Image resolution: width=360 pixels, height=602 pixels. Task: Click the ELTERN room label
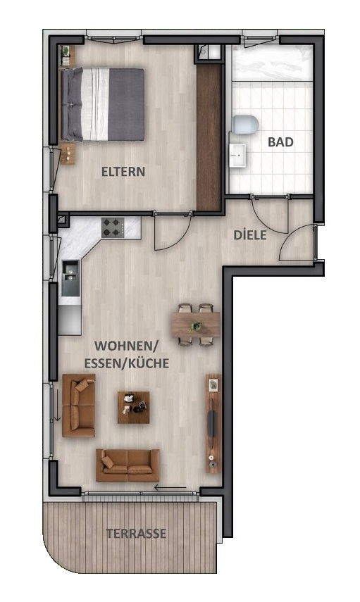point(123,171)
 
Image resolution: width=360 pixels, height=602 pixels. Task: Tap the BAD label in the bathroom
point(280,142)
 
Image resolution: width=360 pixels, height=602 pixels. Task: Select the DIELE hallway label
point(250,234)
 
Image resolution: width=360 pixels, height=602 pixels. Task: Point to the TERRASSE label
point(137,534)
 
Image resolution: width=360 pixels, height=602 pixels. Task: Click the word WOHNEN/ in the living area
point(128,347)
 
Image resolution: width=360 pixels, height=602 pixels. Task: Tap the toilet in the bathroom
point(247,125)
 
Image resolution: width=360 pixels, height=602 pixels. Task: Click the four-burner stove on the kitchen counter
point(112,227)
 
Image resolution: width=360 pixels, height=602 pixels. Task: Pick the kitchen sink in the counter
point(70,278)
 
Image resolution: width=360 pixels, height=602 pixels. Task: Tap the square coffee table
point(133,407)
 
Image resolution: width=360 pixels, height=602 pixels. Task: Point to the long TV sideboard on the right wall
point(213,422)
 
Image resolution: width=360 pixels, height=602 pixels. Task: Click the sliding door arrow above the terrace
point(170,487)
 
